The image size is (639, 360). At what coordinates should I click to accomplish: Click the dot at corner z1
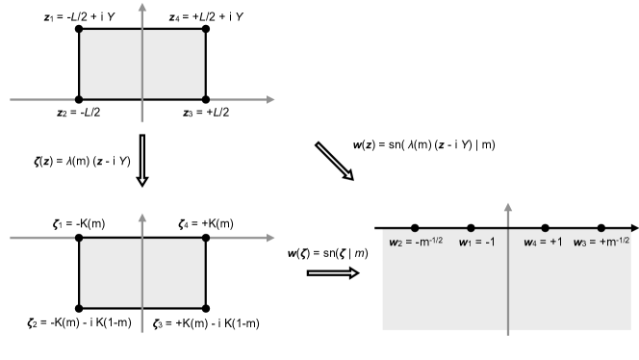79,31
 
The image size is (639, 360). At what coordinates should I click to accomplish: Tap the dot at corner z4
206,31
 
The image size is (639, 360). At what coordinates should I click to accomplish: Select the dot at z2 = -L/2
79,98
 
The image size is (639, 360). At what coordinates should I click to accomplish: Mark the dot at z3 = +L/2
206,98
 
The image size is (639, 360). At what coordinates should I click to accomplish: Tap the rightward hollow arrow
331,272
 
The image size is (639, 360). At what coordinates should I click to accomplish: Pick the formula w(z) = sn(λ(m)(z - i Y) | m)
425,145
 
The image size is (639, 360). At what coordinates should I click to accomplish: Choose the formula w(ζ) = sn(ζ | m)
329,253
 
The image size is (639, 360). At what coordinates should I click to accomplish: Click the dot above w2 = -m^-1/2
415,228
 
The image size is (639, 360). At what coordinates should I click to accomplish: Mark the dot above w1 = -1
471,228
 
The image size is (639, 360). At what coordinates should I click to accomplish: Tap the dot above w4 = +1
546,228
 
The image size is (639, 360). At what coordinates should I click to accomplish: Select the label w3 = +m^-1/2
602,242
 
